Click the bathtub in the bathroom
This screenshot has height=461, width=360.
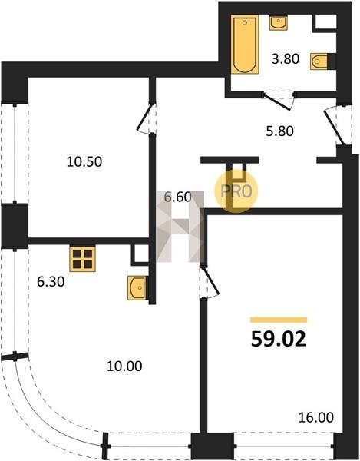[x=245, y=44]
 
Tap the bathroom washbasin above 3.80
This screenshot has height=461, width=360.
[x=278, y=23]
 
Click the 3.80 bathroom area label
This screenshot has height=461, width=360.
[x=286, y=59]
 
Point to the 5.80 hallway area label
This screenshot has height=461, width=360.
[x=280, y=131]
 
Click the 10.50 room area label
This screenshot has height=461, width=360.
[x=84, y=161]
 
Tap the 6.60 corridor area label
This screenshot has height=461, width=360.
[x=177, y=197]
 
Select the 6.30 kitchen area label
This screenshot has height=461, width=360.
[x=51, y=282]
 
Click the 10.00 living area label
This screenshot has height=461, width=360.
[x=124, y=366]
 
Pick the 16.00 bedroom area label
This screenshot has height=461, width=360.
[x=316, y=417]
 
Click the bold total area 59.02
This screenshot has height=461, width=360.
[x=279, y=339]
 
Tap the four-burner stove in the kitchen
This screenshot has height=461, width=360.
[x=82, y=259]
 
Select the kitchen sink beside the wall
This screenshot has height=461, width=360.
[x=137, y=288]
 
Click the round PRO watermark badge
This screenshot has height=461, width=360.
[x=236, y=191]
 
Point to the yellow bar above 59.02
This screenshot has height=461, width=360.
[x=279, y=320]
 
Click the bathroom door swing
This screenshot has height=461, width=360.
[x=279, y=101]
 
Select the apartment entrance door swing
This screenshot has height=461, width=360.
[x=338, y=127]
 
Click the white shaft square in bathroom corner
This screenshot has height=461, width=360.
[x=325, y=22]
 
